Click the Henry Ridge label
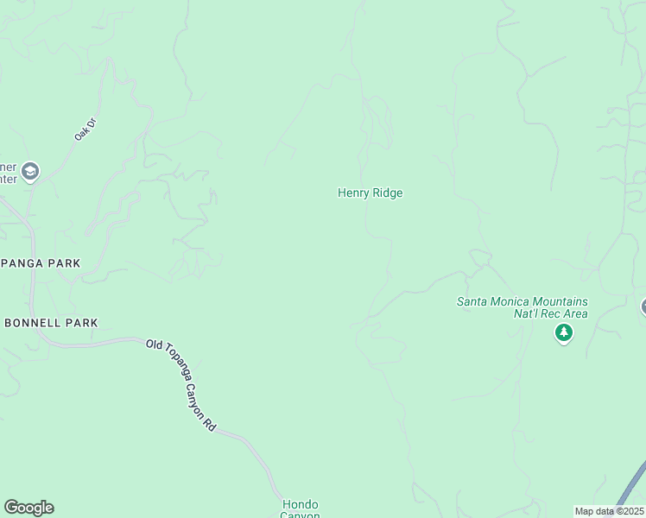(x=370, y=193)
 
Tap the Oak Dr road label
(x=84, y=129)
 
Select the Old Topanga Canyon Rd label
(x=182, y=383)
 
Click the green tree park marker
(x=564, y=332)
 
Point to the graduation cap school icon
(x=31, y=171)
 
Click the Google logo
(x=28, y=508)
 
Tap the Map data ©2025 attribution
(x=609, y=511)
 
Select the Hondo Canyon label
(x=301, y=509)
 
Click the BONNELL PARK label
(x=51, y=323)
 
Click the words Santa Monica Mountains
(x=522, y=301)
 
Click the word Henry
(x=353, y=193)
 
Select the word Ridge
(x=388, y=193)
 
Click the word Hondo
(x=301, y=504)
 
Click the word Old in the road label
(x=154, y=344)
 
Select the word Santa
(x=471, y=301)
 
